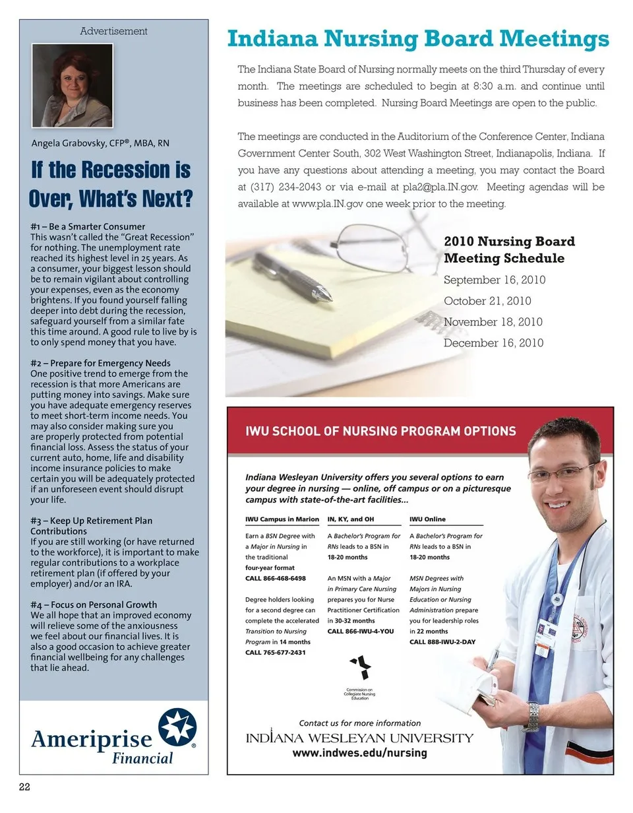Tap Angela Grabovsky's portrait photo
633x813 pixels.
coord(73,85)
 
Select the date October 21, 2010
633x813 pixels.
coord(487,301)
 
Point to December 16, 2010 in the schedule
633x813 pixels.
coord(493,343)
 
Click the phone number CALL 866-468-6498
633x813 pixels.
coord(276,578)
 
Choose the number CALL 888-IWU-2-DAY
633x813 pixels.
coord(442,641)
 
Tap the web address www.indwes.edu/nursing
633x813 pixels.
coord(359,753)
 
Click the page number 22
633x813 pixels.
coord(24,787)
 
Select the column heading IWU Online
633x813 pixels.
coord(427,519)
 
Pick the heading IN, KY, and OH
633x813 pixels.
coord(350,519)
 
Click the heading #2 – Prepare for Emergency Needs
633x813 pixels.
coord(100,363)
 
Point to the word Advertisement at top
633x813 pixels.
coord(113,31)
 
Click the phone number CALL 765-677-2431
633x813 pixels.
coord(276,652)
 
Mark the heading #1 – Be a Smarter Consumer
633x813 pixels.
coord(88,226)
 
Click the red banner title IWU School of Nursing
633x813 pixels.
coord(380,431)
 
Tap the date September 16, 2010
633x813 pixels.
coord(495,280)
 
